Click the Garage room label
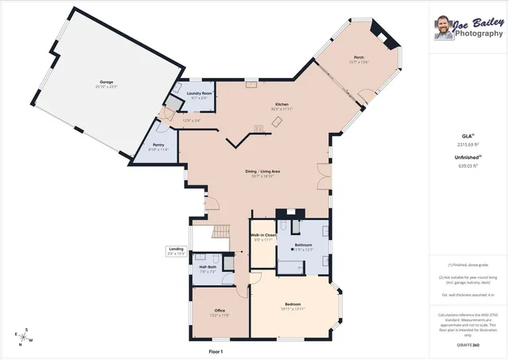pos(105,83)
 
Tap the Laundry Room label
pos(200,94)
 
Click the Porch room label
pos(359,57)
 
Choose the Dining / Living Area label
pos(262,171)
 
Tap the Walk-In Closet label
pos(263,236)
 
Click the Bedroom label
pos(293,305)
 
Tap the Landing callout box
pos(176,250)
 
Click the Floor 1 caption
pos(216,350)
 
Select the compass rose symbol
pos(25,336)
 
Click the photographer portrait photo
pos(443,28)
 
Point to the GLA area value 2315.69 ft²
pos(468,145)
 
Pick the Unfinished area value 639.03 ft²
pos(468,165)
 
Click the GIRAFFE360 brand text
pos(469,346)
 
